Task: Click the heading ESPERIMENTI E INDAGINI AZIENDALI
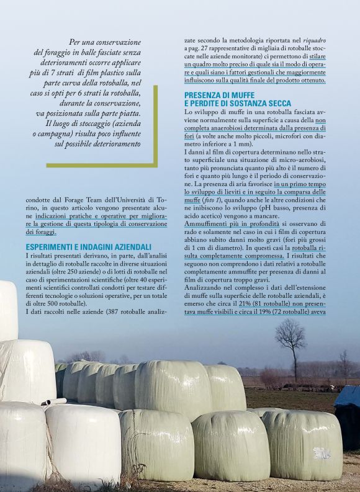tap(89, 247)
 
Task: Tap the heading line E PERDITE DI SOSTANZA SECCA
tap(238, 103)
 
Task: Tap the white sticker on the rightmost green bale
tap(321, 453)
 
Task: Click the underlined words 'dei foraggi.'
tap(40, 232)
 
